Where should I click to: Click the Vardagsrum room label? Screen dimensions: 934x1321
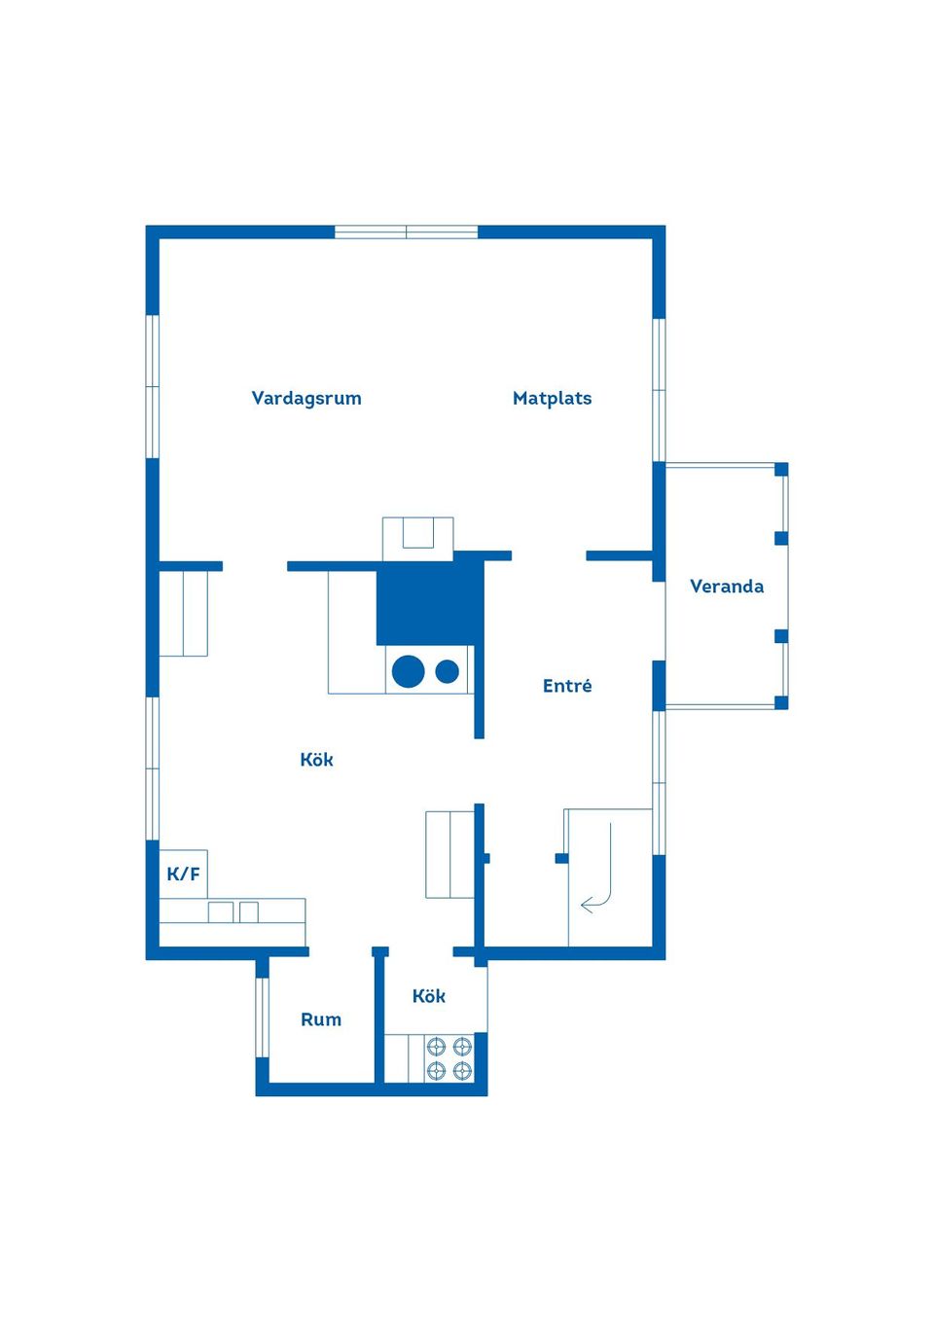click(x=306, y=398)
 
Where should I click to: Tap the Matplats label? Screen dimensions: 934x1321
click(x=552, y=398)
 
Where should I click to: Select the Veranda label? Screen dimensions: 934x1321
click(x=727, y=587)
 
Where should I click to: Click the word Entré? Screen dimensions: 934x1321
click(x=567, y=685)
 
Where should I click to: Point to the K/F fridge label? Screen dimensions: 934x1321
click(x=183, y=874)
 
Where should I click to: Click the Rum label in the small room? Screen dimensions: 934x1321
click(x=321, y=1019)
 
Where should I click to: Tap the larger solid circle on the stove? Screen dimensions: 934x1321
click(x=408, y=671)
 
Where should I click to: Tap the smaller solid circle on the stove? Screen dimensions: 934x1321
click(x=447, y=671)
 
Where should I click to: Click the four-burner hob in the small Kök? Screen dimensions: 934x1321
click(x=449, y=1058)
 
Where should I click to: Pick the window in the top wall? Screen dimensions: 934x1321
click(x=407, y=232)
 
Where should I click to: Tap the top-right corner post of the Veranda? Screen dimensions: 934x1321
click(x=780, y=470)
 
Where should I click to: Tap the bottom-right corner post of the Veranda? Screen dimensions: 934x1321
click(x=780, y=702)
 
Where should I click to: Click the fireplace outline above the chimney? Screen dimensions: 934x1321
click(x=418, y=539)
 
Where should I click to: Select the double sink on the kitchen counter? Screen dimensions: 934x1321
click(x=233, y=912)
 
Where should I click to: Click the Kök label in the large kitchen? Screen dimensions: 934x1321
click(x=316, y=760)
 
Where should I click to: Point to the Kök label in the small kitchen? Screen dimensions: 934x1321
click(x=429, y=996)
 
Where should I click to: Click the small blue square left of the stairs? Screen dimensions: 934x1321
click(x=561, y=858)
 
